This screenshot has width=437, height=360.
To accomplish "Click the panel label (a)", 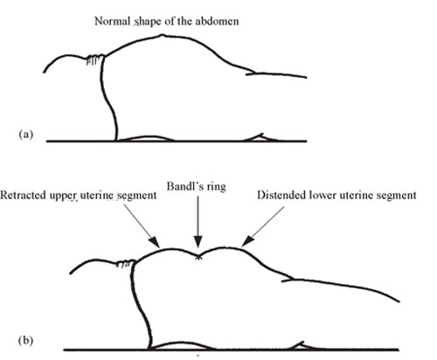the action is (26, 135).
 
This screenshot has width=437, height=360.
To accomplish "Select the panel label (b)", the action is (25, 340).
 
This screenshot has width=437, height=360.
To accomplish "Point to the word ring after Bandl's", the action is (217, 187).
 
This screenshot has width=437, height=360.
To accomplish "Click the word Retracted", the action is (24, 195).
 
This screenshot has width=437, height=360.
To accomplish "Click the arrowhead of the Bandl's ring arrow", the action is (198, 242).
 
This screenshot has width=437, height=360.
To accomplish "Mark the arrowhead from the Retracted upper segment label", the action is (155, 242).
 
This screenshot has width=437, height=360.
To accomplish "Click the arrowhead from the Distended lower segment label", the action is (247, 240).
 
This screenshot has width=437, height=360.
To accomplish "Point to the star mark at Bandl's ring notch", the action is (198, 257).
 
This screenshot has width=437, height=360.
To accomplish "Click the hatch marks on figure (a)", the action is (95, 59).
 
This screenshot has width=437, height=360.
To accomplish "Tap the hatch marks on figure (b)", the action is (126, 263).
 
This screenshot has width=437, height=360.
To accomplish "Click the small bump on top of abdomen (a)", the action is (162, 36).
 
